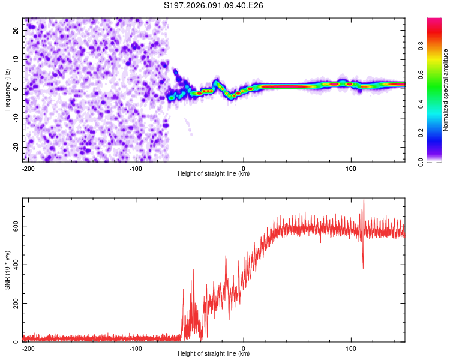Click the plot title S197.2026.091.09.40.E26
pyautogui.click(x=214, y=6)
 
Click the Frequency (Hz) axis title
pyautogui.click(x=7, y=89)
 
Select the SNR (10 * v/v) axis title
pyautogui.click(x=7, y=270)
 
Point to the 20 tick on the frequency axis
pyautogui.click(x=17, y=29)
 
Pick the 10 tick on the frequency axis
pyautogui.click(x=17, y=59)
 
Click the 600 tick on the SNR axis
pyautogui.click(x=14, y=226)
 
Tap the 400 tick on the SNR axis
pyautogui.click(x=14, y=265)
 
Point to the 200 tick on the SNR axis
pyautogui.click(x=14, y=303)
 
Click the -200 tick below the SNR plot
pyautogui.click(x=28, y=347)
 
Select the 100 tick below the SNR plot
pyautogui.click(x=351, y=347)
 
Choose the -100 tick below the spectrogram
pyautogui.click(x=136, y=167)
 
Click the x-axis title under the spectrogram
pyautogui.click(x=214, y=174)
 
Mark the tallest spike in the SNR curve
pyautogui.click(x=363, y=200)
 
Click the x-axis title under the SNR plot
pyautogui.click(x=214, y=354)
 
